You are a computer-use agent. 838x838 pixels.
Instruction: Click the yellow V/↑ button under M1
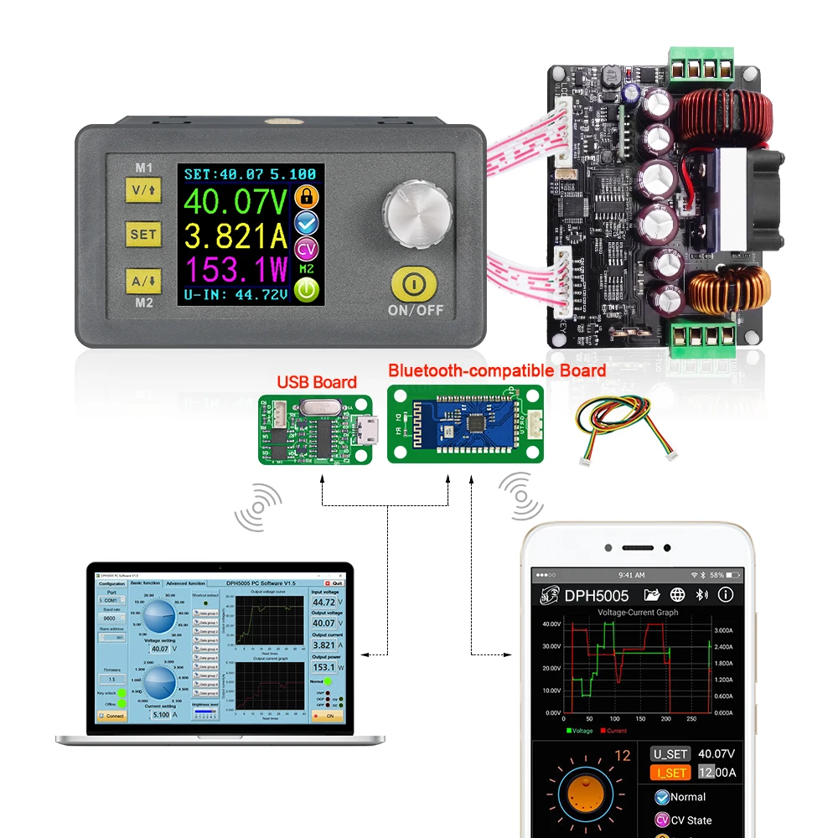click(x=142, y=190)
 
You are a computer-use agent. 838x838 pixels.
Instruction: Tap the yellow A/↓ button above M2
click(x=142, y=280)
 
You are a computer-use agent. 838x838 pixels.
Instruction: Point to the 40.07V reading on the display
click(x=235, y=202)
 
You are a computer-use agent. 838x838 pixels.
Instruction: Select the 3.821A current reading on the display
click(x=235, y=236)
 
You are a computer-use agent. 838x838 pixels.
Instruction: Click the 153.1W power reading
click(x=235, y=270)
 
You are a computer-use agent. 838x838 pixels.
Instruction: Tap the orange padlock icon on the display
click(x=308, y=197)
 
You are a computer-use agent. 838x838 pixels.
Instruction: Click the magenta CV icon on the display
click(x=308, y=248)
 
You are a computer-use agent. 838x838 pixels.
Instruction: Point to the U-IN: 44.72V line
click(x=235, y=294)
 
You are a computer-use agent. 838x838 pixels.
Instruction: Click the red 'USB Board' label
click(x=317, y=382)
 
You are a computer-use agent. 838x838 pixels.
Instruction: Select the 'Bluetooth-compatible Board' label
click(x=497, y=370)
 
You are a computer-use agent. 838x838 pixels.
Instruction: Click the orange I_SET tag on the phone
click(x=671, y=773)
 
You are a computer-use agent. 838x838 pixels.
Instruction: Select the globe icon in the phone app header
click(x=677, y=595)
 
